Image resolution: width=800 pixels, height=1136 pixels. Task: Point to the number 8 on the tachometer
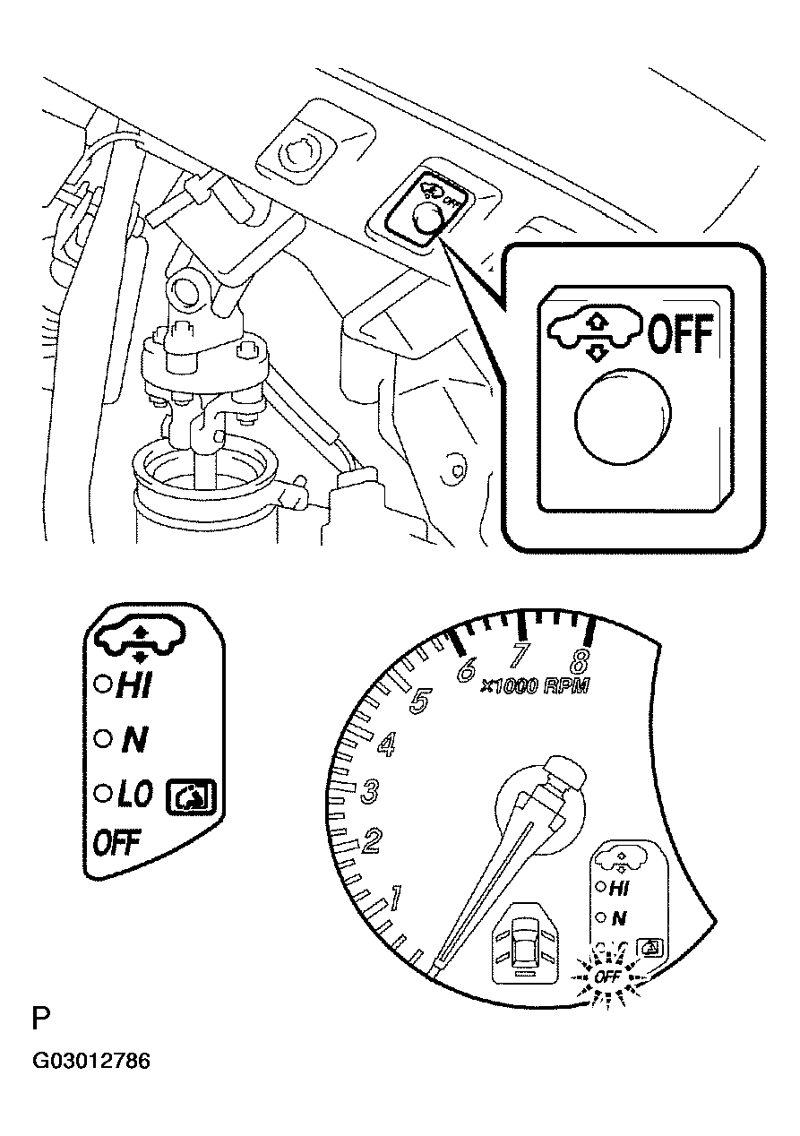(580, 662)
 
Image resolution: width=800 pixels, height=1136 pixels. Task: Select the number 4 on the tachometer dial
(388, 744)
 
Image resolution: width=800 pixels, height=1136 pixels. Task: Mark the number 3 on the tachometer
(370, 791)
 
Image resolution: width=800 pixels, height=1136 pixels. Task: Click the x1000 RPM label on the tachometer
(534, 687)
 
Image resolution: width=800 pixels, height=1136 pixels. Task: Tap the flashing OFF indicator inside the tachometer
(608, 976)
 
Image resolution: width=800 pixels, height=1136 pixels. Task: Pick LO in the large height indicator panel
(134, 793)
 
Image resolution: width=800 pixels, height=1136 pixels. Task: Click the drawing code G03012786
(90, 1062)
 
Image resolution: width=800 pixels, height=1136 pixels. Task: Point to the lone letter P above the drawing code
(41, 1020)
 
